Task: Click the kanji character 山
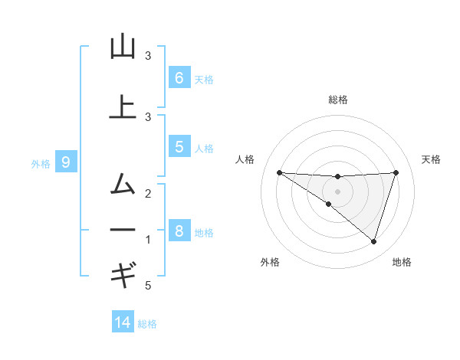(123, 47)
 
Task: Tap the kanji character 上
(123, 107)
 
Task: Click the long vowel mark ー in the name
(123, 230)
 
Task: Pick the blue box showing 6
(179, 78)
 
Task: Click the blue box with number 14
(123, 322)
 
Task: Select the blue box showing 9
(66, 162)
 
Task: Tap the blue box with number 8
(179, 231)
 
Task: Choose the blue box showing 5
(179, 147)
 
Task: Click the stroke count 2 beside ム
(148, 193)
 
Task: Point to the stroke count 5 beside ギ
(148, 286)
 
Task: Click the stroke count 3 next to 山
(148, 56)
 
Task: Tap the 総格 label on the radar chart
(338, 100)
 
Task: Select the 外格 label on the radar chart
(270, 262)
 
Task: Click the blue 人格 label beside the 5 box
(204, 148)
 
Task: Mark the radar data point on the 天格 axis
(396, 172)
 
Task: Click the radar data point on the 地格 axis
(373, 242)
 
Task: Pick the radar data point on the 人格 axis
(279, 172)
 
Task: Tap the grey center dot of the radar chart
(338, 191)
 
